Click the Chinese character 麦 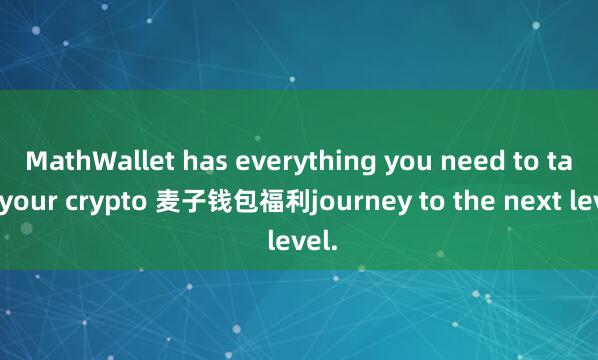click(x=162, y=204)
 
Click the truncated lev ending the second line click(x=579, y=204)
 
